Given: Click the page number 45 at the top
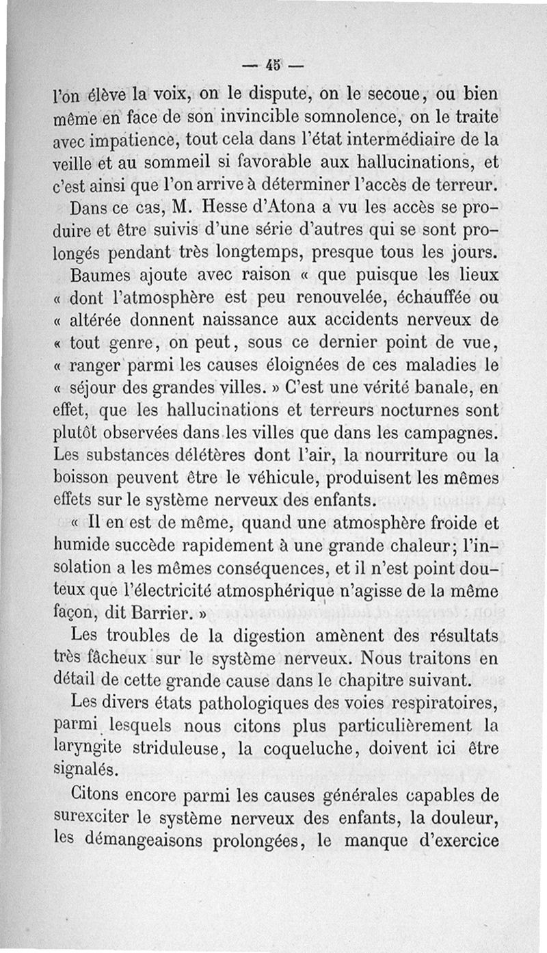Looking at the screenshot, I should tap(274, 66).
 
